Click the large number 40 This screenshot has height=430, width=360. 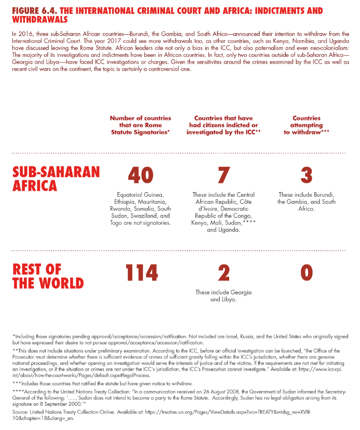pyautogui.click(x=140, y=176)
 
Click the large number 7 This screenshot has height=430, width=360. pyautogui.click(x=223, y=176)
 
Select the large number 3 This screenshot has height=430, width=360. pyautogui.click(x=306, y=176)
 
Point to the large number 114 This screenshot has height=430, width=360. pyautogui.click(x=141, y=273)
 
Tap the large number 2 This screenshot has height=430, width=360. pyautogui.click(x=223, y=273)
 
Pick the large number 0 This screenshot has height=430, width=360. pyautogui.click(x=306, y=273)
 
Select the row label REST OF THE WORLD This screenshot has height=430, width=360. pyautogui.click(x=47, y=276)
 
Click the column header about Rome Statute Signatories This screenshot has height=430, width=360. pyautogui.click(x=140, y=126)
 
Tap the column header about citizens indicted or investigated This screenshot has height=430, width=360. pyautogui.click(x=223, y=126)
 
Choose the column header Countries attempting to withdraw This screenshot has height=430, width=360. pyautogui.click(x=306, y=126)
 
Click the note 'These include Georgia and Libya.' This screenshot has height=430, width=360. pyautogui.click(x=223, y=296)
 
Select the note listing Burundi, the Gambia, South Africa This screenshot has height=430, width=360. pyautogui.click(x=306, y=202)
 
